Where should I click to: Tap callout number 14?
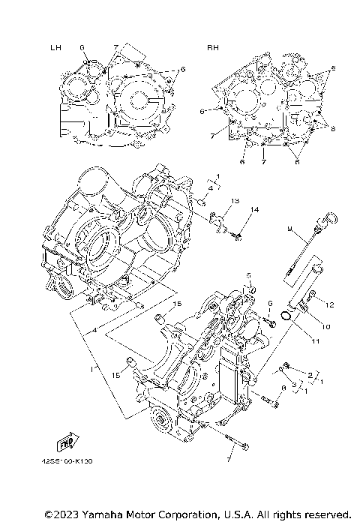254,210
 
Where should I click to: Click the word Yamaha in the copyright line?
96,514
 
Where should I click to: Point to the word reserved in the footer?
328,514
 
